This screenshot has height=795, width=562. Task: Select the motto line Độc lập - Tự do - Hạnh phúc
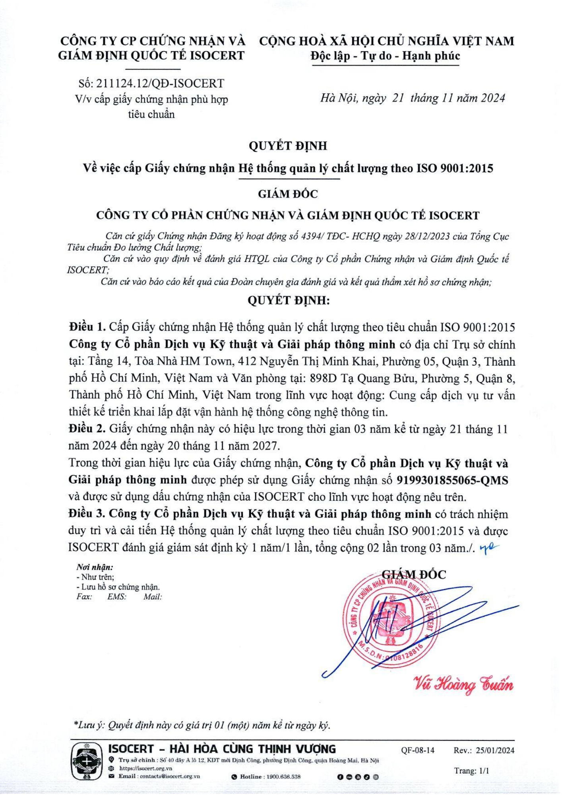click(x=385, y=56)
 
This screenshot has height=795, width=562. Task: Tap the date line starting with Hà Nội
click(x=413, y=98)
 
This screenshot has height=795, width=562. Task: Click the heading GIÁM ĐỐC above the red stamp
click(x=413, y=574)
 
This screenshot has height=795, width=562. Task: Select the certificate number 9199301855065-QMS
click(x=452, y=480)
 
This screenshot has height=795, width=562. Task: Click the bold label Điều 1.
click(x=87, y=327)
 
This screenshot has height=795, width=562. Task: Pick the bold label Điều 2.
click(x=87, y=429)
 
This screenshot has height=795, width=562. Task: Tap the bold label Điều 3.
click(x=87, y=514)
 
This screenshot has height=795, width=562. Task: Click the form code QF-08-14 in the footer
click(x=418, y=750)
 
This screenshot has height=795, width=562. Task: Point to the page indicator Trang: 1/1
click(x=471, y=771)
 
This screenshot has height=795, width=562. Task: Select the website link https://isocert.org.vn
click(x=145, y=768)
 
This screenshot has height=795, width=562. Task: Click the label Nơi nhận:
click(x=95, y=568)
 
